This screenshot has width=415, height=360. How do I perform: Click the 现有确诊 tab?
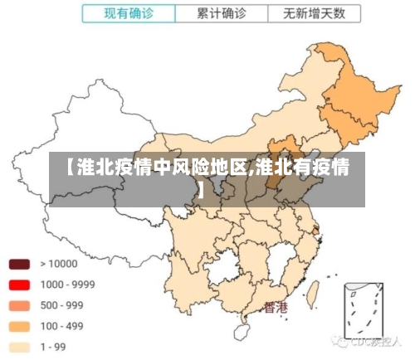(128, 14)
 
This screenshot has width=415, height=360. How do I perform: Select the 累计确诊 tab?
(222, 14)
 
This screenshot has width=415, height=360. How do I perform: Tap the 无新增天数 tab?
(315, 14)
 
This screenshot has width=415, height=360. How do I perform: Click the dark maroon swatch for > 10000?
(19, 264)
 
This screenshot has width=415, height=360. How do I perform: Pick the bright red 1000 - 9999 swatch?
(19, 285)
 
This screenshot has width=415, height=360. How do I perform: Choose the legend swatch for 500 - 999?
(19, 305)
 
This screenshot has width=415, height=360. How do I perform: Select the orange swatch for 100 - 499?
(19, 326)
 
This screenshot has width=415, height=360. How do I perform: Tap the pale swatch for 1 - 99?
(19, 347)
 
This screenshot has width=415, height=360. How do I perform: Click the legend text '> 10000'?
(57, 264)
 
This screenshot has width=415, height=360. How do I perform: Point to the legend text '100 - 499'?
(63, 326)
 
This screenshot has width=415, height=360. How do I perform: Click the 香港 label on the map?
(276, 308)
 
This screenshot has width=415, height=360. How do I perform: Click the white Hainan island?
(242, 331)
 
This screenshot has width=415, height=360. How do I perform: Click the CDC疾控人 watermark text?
(376, 342)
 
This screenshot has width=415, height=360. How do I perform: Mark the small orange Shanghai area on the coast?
(321, 226)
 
